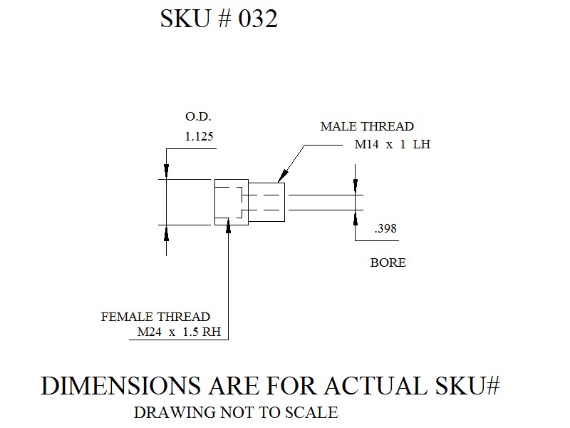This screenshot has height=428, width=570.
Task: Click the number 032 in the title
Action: pyautogui.click(x=258, y=19)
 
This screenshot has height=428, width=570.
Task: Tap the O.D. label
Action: pyautogui.click(x=198, y=116)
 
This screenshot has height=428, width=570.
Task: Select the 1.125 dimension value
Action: pyautogui.click(x=199, y=136)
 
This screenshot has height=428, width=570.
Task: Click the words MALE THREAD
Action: pyautogui.click(x=367, y=126)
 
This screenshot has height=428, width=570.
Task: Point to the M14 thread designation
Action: pyautogui.click(x=366, y=145)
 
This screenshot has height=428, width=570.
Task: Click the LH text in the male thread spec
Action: pyautogui.click(x=422, y=145)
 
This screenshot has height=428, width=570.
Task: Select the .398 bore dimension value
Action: pyautogui.click(x=385, y=228)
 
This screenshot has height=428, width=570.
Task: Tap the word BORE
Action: pyautogui.click(x=388, y=263)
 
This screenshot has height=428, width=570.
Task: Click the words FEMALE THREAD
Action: pyautogui.click(x=155, y=317)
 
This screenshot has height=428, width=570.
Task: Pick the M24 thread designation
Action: pyautogui.click(x=149, y=332)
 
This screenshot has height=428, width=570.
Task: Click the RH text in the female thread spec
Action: pyautogui.click(x=212, y=332)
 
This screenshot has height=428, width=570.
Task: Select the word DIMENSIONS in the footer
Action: pyautogui.click(x=120, y=385)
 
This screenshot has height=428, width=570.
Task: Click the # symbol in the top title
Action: pyautogui.click(x=224, y=19)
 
